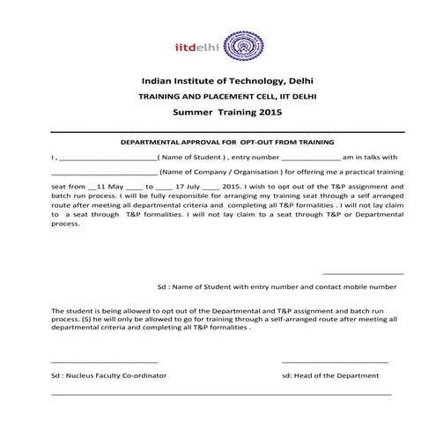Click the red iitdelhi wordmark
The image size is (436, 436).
tap(199, 46)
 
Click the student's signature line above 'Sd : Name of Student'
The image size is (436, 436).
tap(363, 274)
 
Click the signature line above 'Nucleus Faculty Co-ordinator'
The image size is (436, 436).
tap(105, 362)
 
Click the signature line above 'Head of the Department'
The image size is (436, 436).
tap(335, 362)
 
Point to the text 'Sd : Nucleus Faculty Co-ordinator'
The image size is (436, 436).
tap(108, 376)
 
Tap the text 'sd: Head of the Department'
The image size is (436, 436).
tap(330, 376)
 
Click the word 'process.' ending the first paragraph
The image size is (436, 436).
tap(66, 223)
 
